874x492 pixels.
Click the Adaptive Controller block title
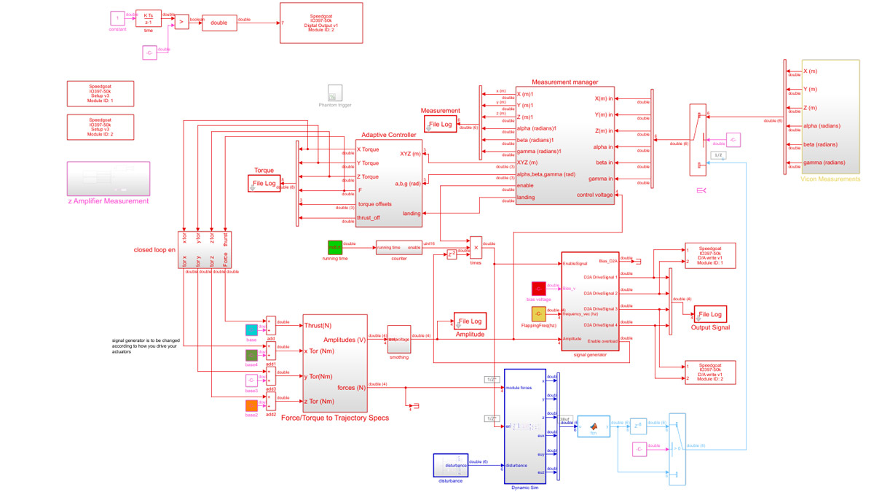pyautogui.click(x=388, y=135)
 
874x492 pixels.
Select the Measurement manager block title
pyautogui.click(x=564, y=82)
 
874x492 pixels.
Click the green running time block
pyautogui.click(x=335, y=248)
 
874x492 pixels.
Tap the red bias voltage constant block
pyautogui.click(x=538, y=289)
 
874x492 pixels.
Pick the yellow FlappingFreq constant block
pyautogui.click(x=538, y=314)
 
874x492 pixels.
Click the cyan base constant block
pyautogui.click(x=251, y=330)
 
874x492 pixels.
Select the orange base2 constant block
pyautogui.click(x=251, y=405)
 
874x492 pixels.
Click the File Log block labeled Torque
pyautogui.click(x=264, y=184)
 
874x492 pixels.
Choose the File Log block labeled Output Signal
pyautogui.click(x=710, y=314)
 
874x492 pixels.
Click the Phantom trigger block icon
pyautogui.click(x=335, y=93)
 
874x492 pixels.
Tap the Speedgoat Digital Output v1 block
pyautogui.click(x=321, y=23)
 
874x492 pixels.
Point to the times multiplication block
pyautogui.click(x=476, y=247)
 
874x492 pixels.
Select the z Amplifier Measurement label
pyautogui.click(x=108, y=200)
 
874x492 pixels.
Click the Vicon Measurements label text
pyautogui.click(x=830, y=179)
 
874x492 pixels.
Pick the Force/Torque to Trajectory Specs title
pyautogui.click(x=334, y=418)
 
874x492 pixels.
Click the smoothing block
pyautogui.click(x=398, y=340)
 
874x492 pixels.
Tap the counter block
pyautogui.click(x=398, y=247)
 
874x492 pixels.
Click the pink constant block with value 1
pyautogui.click(x=117, y=17)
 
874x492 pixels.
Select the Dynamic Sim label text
pyautogui.click(x=524, y=487)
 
